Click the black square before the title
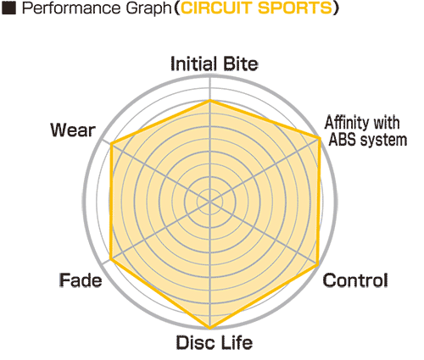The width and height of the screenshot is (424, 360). (x=8, y=8)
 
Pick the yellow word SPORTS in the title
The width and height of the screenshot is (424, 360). (x=295, y=8)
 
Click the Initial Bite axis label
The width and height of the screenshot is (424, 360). (x=215, y=64)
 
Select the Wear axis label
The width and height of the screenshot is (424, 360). (x=73, y=130)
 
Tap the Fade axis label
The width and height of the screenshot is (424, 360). (x=81, y=280)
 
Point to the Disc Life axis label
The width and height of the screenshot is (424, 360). (x=215, y=342)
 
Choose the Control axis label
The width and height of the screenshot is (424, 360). (x=355, y=280)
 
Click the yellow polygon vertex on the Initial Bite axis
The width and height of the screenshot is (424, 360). (x=209, y=100)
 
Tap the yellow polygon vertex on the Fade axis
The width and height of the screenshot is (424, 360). (x=110, y=258)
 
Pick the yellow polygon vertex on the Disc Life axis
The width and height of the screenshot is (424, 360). (x=209, y=328)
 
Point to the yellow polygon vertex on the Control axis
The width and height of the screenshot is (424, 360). (x=318, y=264)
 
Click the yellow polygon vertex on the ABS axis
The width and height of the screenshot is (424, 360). (x=320, y=138)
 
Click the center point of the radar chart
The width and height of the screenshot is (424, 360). (x=209, y=202)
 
